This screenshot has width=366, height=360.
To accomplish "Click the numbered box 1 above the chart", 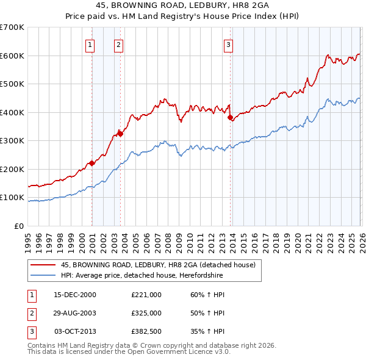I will coord(90,44).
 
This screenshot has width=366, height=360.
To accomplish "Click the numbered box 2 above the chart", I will coord(118,44).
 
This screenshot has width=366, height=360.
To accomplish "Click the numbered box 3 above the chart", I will coord(228,44).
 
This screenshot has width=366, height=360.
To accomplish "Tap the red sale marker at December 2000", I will coord(91,163).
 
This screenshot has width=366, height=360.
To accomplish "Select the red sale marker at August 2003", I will coord(121,134).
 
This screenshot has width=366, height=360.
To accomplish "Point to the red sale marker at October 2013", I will coord(230,118).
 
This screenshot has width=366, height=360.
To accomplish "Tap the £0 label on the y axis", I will coord(18,226).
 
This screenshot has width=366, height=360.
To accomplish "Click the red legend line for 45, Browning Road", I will coord(43,265).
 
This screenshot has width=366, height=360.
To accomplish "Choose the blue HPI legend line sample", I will coord(43,276).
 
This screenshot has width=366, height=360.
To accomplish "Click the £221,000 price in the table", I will coord(146,295).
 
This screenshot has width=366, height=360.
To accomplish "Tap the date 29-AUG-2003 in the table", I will coord(75,313).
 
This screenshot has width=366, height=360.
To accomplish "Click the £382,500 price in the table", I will coord(146,331).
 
